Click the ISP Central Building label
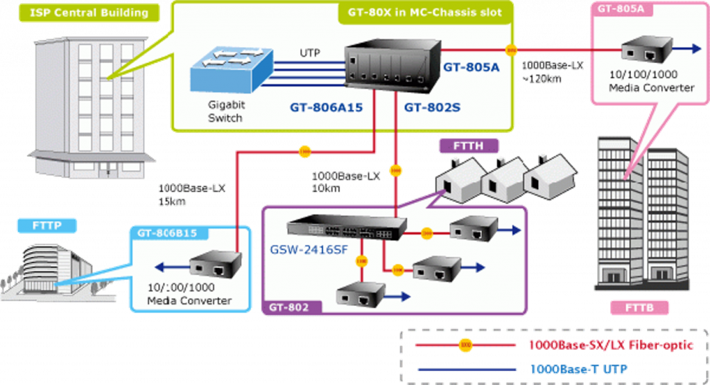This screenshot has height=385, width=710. click(x=89, y=12)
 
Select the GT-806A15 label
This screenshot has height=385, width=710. click(x=327, y=107)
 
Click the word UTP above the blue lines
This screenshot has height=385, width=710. click(x=310, y=53)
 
